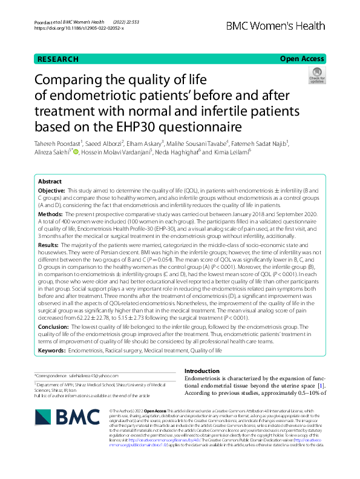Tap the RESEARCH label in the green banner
click(x=58, y=59)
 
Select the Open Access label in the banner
click(x=302, y=59)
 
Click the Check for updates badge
click(x=316, y=76)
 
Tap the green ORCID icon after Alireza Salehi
click(x=76, y=152)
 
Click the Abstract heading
click(x=50, y=182)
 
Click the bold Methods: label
click(x=50, y=214)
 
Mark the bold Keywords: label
click(x=53, y=350)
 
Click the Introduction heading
click(x=202, y=371)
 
